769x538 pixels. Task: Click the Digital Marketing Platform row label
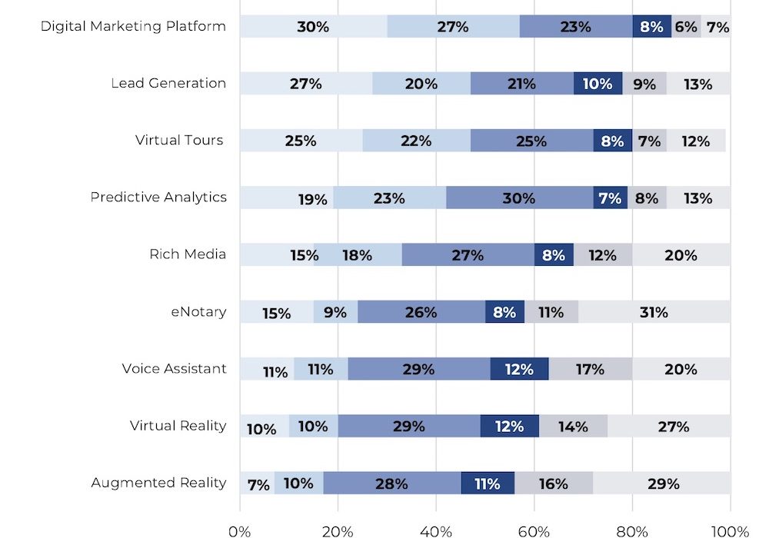coord(133,26)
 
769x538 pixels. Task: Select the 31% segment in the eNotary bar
coord(654,312)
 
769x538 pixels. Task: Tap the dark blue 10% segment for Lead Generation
coord(598,84)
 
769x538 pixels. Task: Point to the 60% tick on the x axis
coord(534,531)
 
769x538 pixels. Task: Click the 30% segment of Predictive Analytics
coord(519,198)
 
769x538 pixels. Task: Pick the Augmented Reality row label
coord(158,483)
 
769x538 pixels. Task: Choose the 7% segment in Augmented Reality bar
coord(257,483)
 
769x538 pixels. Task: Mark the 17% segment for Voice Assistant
coord(590,369)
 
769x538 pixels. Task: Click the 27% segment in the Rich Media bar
coord(468,254)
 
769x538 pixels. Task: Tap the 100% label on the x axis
coord(730,531)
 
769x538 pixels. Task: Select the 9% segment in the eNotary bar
coord(335,312)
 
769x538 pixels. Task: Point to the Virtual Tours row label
coord(179,140)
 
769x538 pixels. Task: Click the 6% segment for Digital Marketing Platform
coord(686,27)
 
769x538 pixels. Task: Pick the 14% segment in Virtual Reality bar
coord(573,426)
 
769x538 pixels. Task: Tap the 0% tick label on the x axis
coord(240,531)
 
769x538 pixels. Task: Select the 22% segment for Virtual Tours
coord(416,141)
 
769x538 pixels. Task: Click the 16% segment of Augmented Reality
coord(554,483)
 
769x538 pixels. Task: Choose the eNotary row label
coord(198,311)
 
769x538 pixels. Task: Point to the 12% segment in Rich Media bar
coord(603,254)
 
